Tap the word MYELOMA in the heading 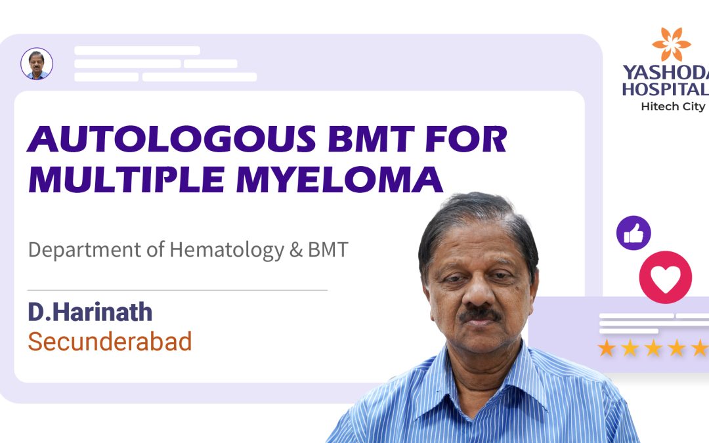tap(339, 179)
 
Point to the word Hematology tap(226, 250)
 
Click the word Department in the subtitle tap(85, 250)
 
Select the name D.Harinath tap(90, 312)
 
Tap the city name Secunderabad tap(110, 341)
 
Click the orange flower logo tap(671, 45)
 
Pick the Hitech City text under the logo tap(673, 107)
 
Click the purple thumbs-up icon tap(634, 233)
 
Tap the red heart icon tap(665, 278)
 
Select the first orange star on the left tap(607, 348)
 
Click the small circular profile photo tap(37, 64)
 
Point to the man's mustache tap(480, 314)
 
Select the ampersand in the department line tap(295, 250)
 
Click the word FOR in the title tap(466, 139)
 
